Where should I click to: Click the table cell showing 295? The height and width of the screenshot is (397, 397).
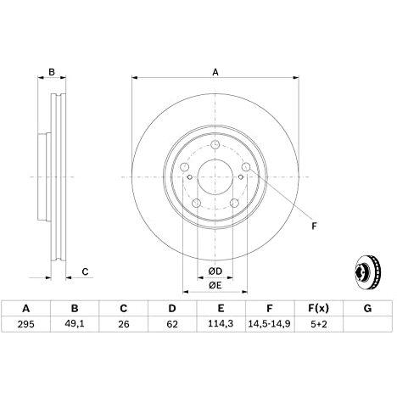(x=25, y=324)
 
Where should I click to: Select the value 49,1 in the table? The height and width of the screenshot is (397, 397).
(x=75, y=324)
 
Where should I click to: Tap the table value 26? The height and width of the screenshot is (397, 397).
(x=123, y=324)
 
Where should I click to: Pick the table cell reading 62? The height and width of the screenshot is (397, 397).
(x=172, y=324)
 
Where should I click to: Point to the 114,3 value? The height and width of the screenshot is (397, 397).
(x=221, y=324)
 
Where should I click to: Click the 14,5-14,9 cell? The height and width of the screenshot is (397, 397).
(x=270, y=324)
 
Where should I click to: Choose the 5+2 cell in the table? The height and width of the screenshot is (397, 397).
(x=319, y=324)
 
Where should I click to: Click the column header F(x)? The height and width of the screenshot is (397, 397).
(x=319, y=308)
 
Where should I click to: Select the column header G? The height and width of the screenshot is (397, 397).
(x=367, y=308)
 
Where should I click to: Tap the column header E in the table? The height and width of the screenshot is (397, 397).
(x=221, y=308)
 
